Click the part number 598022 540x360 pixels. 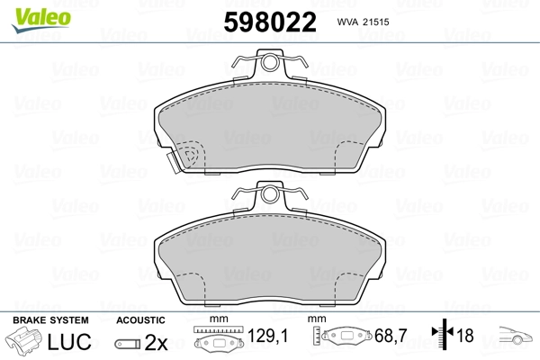pyautogui.click(x=269, y=21)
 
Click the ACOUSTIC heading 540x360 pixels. pyautogui.click(x=140, y=320)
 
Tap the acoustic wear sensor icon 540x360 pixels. pyautogui.click(x=129, y=343)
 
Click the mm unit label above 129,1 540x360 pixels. pyautogui.click(x=216, y=320)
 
